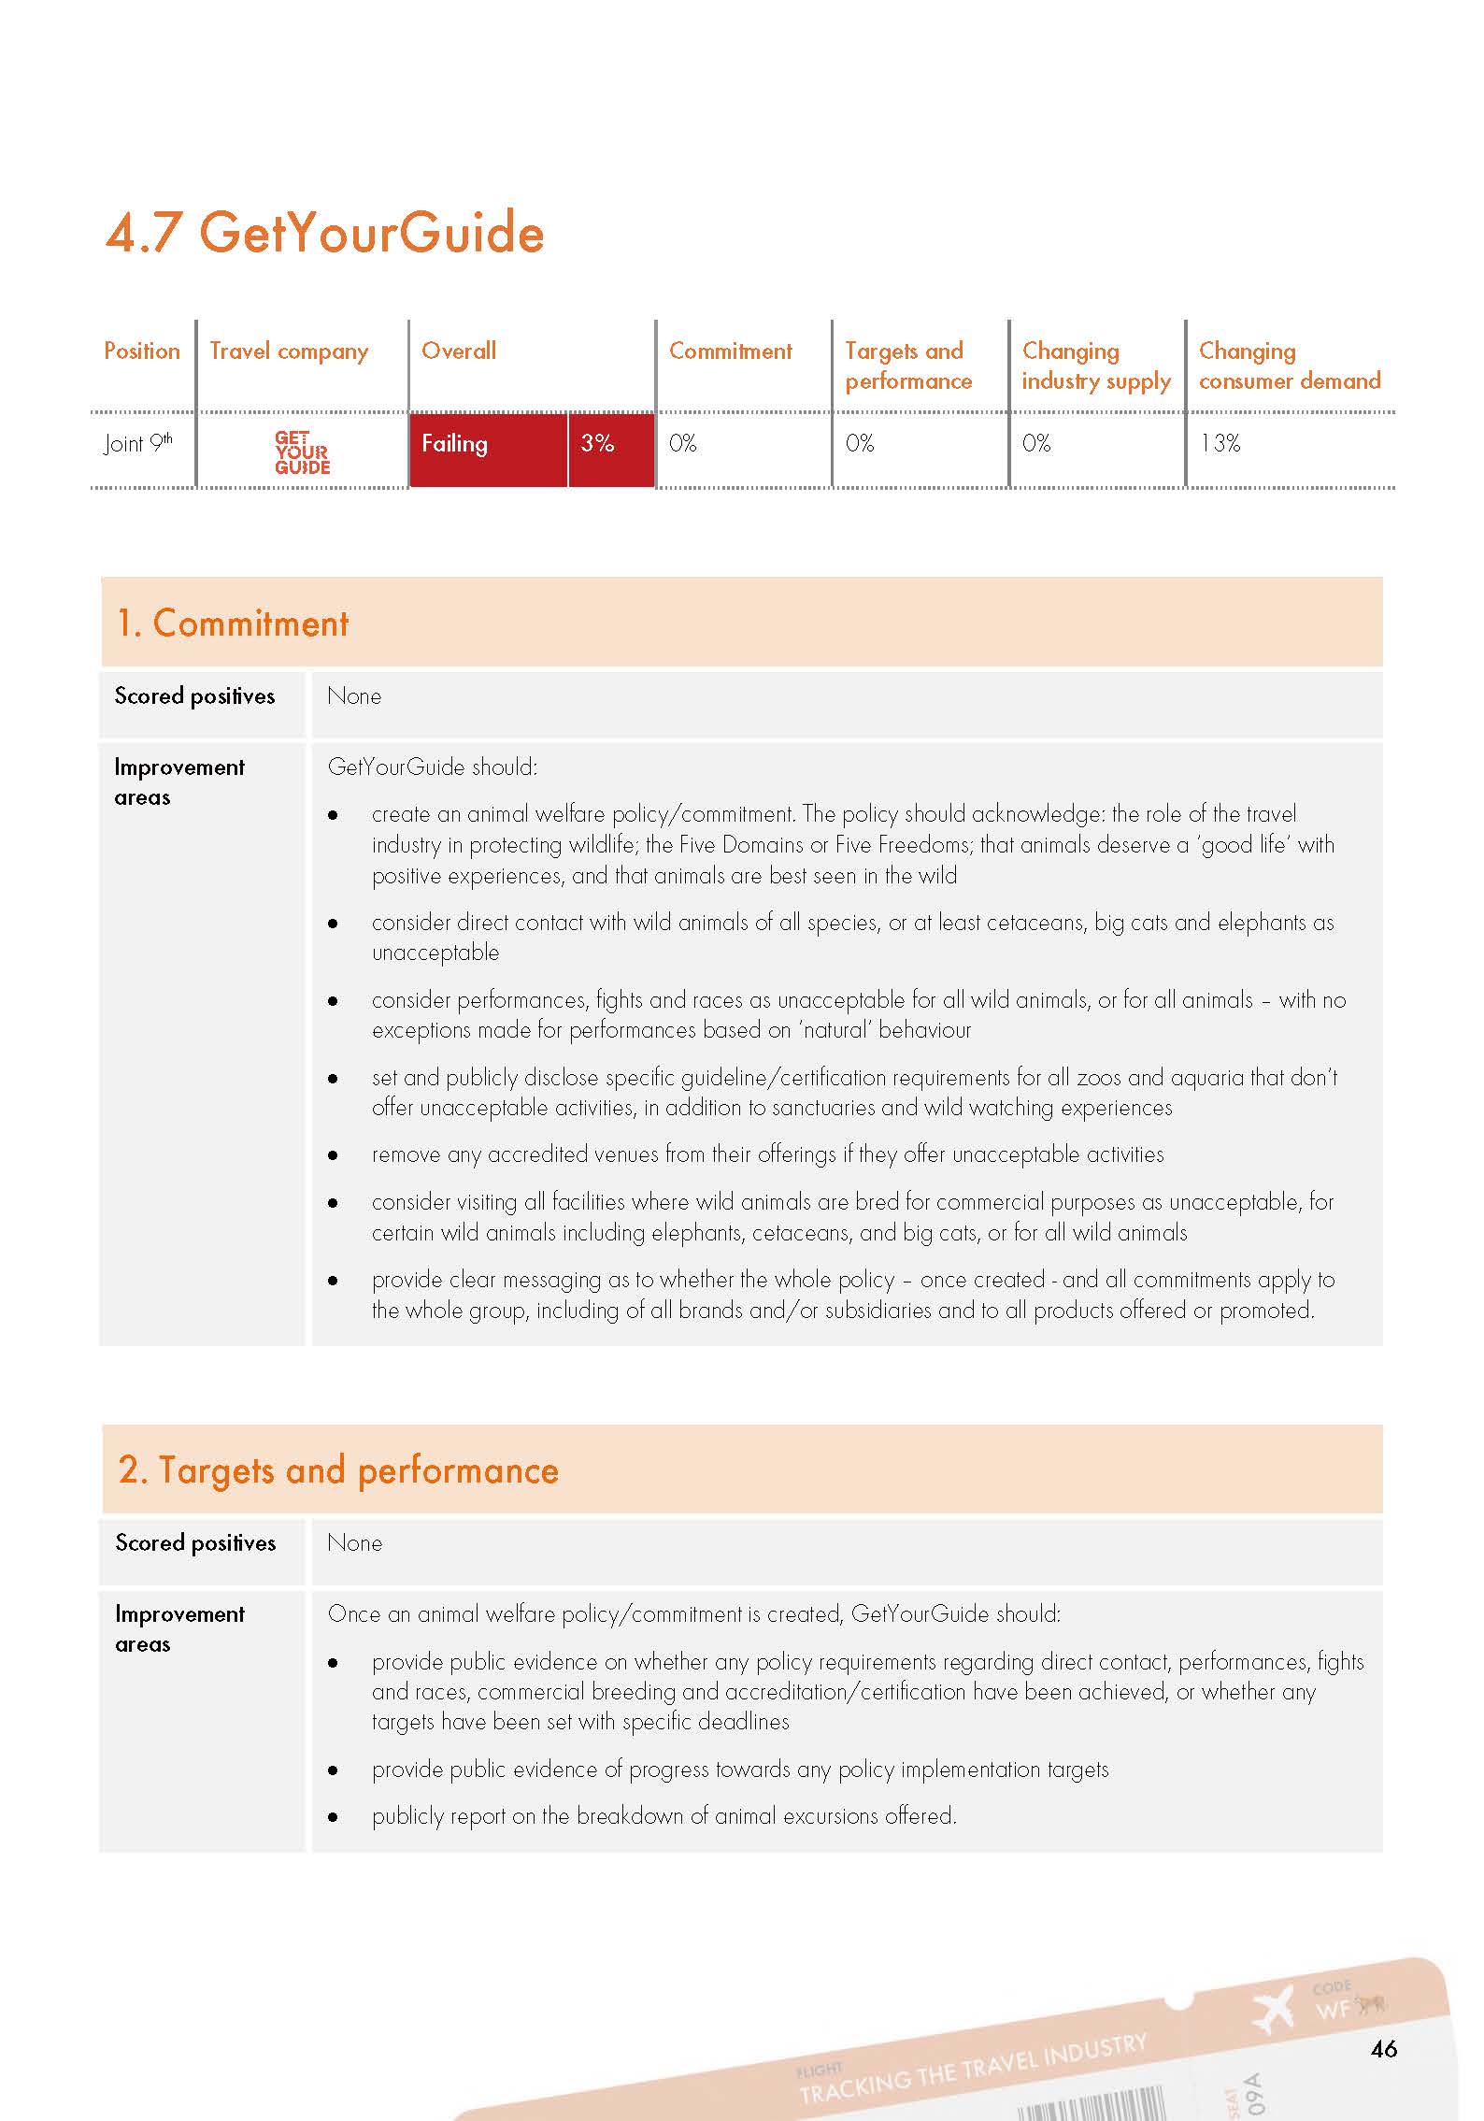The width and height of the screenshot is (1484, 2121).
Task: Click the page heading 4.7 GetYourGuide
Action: [x=324, y=232]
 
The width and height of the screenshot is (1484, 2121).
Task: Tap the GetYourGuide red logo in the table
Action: [x=302, y=452]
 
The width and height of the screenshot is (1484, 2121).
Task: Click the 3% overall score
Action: [x=597, y=443]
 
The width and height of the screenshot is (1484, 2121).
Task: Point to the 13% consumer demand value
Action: [x=1220, y=443]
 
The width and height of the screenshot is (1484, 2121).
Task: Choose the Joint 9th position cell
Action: [x=138, y=443]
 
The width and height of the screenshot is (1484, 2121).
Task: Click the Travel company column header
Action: [x=289, y=351]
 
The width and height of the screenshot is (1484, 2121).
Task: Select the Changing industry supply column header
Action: [x=1095, y=365]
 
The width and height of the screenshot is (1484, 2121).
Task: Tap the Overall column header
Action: [x=458, y=351]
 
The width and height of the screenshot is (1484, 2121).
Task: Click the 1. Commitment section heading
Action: [x=233, y=623]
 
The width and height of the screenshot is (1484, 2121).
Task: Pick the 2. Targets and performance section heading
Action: [x=338, y=1470]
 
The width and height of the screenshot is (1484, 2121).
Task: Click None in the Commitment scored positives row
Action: [x=354, y=696]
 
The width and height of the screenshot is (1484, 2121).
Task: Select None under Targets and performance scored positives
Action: [x=354, y=1543]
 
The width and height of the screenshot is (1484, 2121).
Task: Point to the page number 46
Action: [x=1383, y=2049]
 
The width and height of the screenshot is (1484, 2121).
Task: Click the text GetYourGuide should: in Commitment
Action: [x=433, y=767]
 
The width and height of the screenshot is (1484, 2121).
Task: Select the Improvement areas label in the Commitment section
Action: [x=178, y=782]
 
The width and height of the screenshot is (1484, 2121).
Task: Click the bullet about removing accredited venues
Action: [x=767, y=1154]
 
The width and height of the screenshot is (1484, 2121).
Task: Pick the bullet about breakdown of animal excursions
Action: [x=664, y=1816]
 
